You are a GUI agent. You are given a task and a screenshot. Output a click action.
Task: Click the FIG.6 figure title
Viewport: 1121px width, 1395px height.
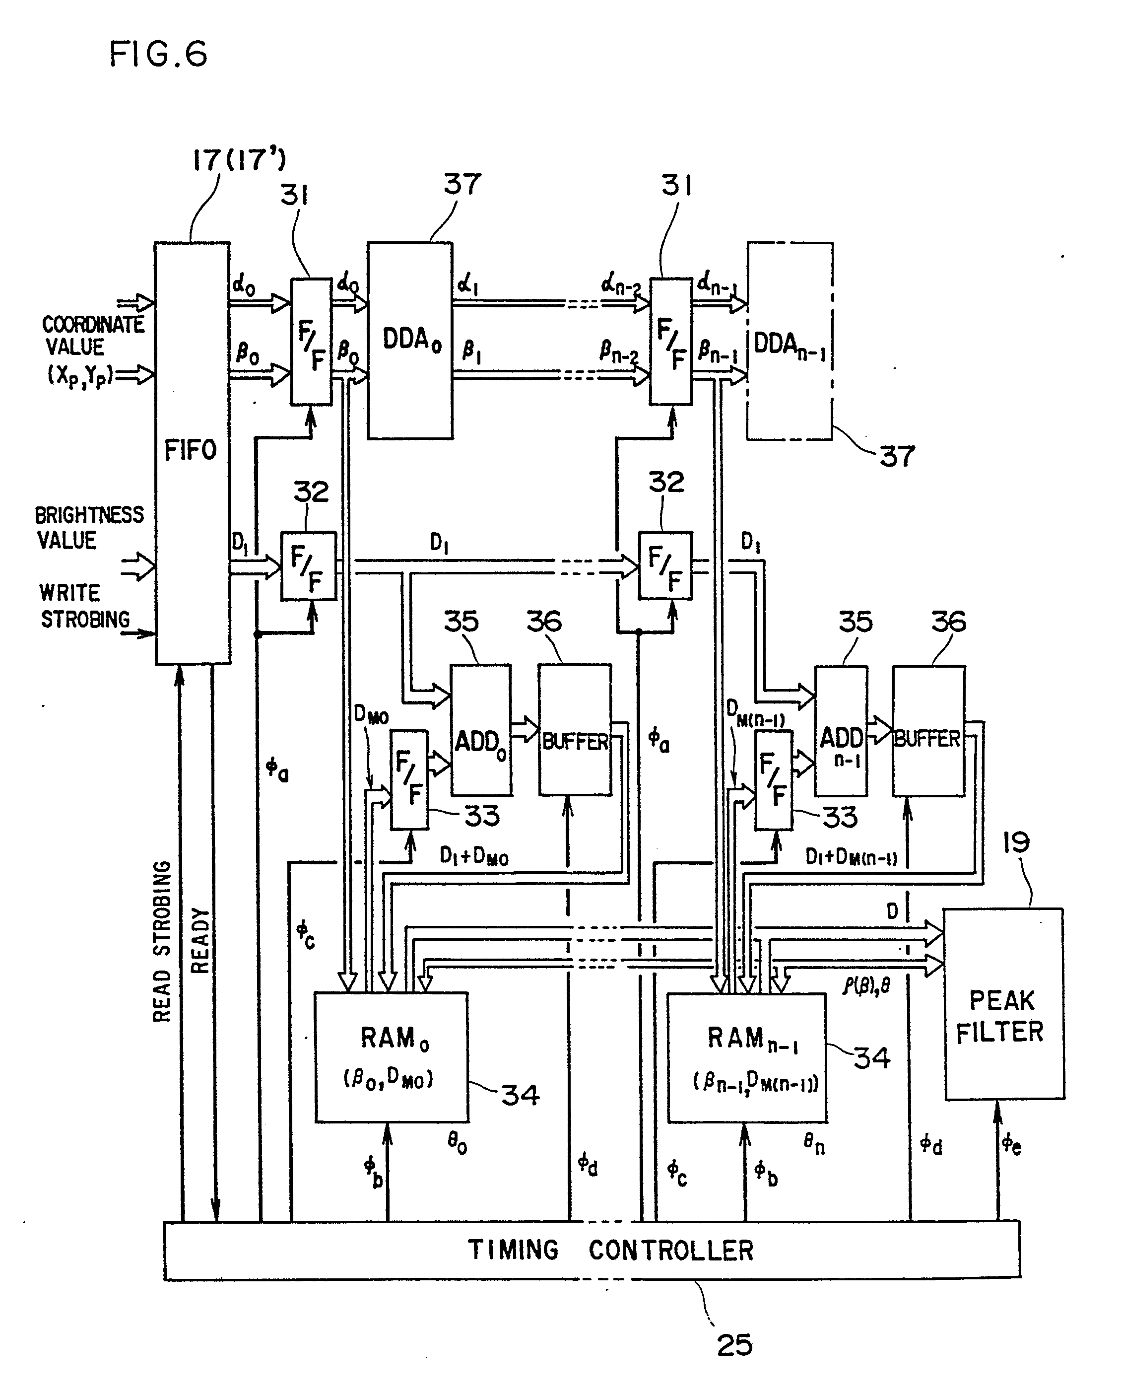coord(158,54)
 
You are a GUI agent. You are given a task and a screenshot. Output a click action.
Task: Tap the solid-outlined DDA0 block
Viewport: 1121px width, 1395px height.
coord(410,341)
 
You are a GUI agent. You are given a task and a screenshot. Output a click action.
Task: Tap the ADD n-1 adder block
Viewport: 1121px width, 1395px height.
coord(841,731)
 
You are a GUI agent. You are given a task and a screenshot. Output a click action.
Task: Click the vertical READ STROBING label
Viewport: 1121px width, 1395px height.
coord(162,941)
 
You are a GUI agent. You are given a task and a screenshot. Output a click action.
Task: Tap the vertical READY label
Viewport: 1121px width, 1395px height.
coord(200,941)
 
